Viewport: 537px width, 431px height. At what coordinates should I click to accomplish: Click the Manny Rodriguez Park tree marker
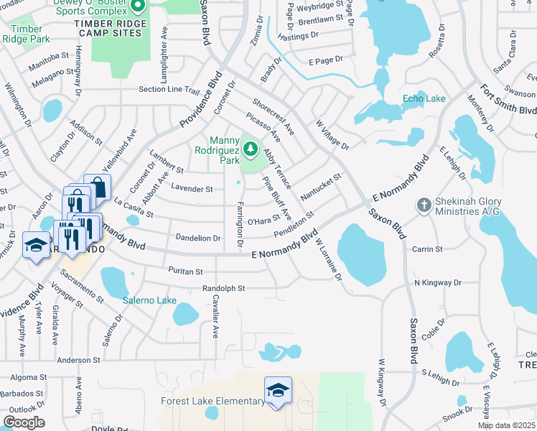tap(251, 149)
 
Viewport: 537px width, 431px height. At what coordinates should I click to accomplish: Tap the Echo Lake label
tap(424, 98)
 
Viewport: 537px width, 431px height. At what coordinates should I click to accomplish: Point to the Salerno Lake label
tap(149, 300)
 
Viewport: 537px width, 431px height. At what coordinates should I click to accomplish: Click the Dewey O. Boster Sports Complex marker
tap(139, 7)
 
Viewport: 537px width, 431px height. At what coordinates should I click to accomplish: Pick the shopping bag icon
tap(98, 188)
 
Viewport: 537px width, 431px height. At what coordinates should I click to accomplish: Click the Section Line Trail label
tap(169, 90)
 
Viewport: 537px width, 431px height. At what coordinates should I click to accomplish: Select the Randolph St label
tap(223, 288)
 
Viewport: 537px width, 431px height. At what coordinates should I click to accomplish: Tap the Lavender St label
tap(192, 189)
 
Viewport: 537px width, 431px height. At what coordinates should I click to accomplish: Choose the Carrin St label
tap(428, 249)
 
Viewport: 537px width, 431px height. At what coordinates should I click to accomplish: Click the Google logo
tap(24, 422)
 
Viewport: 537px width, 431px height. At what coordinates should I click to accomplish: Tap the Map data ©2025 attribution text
tap(506, 425)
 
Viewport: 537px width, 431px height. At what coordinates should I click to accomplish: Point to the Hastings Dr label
tap(298, 37)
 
